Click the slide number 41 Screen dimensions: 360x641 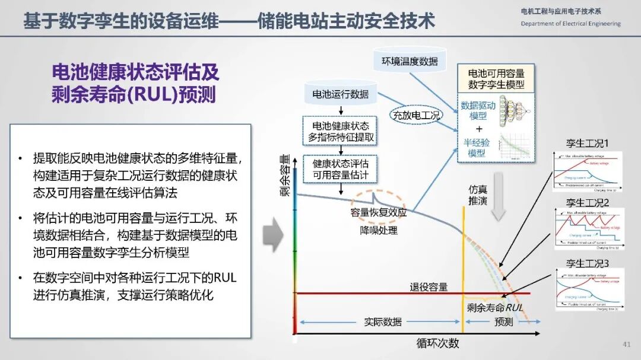point(627,345)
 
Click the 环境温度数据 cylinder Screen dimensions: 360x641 point(410,61)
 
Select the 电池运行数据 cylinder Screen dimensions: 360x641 point(340,94)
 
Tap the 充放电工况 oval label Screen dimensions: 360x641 point(415,116)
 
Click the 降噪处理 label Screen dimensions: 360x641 point(378,230)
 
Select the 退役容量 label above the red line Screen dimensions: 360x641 point(428,287)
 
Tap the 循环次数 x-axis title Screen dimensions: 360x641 point(437,343)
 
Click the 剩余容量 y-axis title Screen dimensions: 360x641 point(285,176)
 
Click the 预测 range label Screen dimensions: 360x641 point(503,321)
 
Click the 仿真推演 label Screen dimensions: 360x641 point(478,195)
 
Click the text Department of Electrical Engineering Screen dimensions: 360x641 point(570,24)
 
